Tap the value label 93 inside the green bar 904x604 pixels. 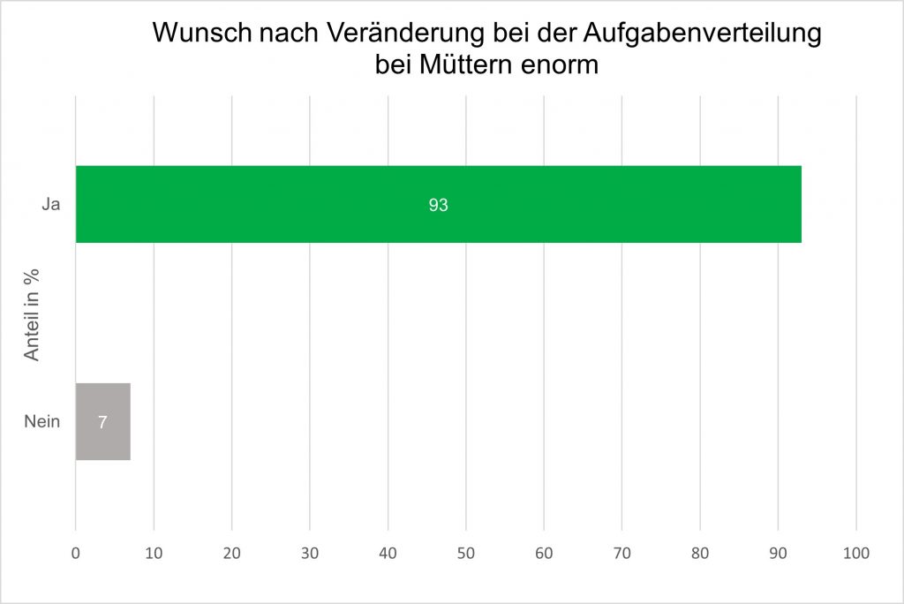tap(439, 205)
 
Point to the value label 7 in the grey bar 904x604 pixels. tap(102, 422)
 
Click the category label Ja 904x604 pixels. tap(51, 205)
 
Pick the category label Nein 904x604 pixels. tap(41, 421)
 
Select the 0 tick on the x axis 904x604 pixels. tap(76, 554)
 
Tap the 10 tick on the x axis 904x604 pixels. tap(154, 554)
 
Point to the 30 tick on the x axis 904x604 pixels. tap(310, 554)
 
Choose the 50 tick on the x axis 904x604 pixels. tap(466, 554)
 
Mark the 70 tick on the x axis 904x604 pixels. tap(622, 554)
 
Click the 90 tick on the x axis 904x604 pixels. tap(779, 554)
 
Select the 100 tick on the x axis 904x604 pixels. tap(856, 554)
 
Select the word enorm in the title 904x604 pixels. tap(561, 64)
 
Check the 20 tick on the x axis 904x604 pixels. tap(231, 554)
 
